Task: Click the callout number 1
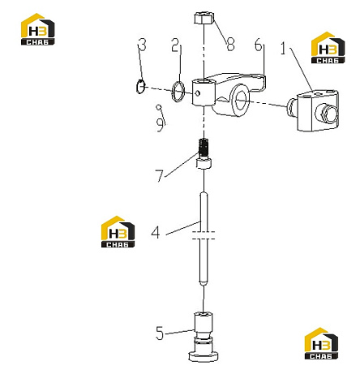pos(283,49)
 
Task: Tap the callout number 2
pos(176,45)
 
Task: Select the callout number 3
pos(142,45)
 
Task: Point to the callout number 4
pos(156,232)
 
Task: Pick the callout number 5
pos(160,333)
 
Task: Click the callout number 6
pos(259,45)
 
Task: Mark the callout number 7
pos(160,176)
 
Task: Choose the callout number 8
pos(230,45)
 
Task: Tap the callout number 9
pos(161,125)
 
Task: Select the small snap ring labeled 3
pos(140,87)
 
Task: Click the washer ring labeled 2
pos(178,91)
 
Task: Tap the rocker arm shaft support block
pos(314,111)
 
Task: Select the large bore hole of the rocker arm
pos(241,100)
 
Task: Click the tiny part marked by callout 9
pos(159,107)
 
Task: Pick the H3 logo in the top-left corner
pos(38,29)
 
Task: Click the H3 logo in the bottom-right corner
pos(321,343)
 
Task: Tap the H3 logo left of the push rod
pos(118,231)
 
